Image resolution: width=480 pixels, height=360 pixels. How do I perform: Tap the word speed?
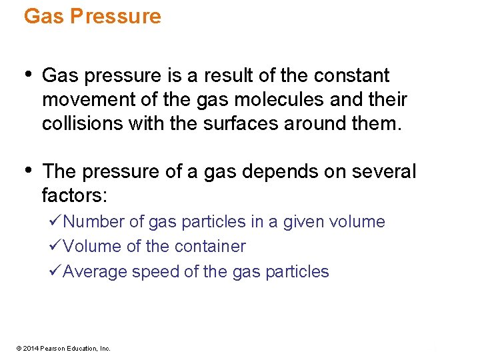click(x=154, y=272)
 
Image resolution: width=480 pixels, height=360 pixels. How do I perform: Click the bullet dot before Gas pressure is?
click(x=27, y=74)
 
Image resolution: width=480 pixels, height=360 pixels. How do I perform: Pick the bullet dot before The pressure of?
click(x=27, y=170)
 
